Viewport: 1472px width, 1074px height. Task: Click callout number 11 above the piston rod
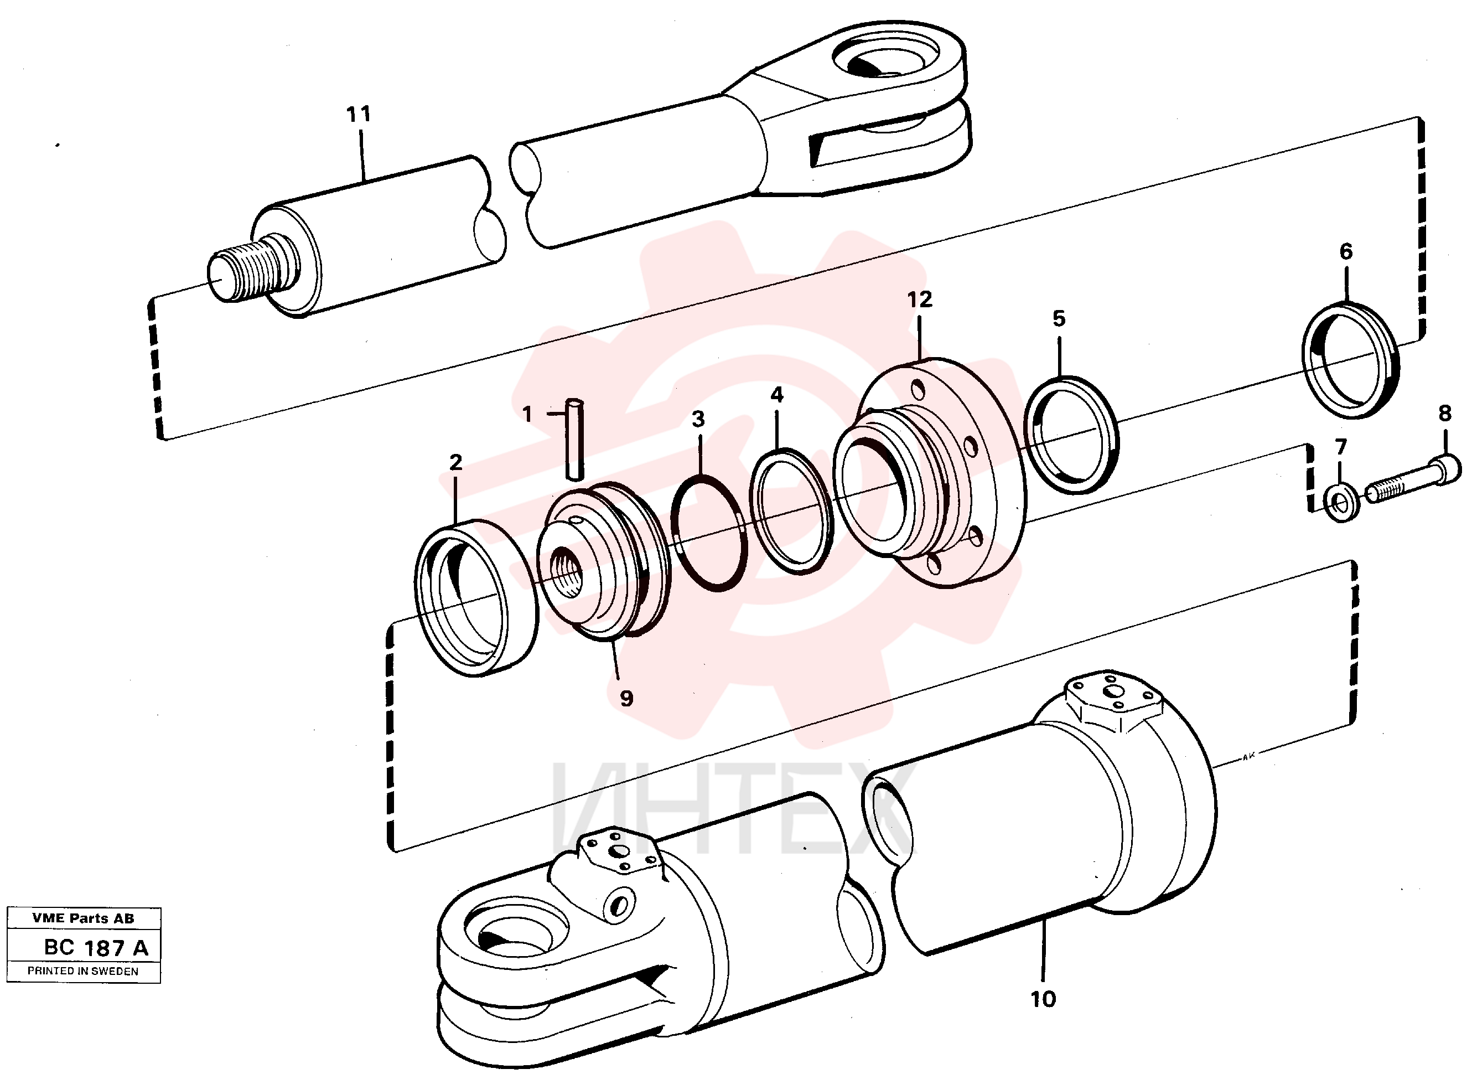coord(358,115)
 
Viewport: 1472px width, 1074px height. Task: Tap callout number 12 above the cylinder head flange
coord(920,300)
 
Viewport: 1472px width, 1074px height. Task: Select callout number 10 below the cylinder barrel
coord(1043,999)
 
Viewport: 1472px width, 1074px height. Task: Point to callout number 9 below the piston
coord(626,698)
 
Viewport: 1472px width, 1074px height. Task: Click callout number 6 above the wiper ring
coord(1346,251)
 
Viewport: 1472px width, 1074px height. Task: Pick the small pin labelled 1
coord(574,439)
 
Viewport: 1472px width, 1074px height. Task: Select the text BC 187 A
coord(96,948)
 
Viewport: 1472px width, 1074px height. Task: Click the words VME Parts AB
coord(83,918)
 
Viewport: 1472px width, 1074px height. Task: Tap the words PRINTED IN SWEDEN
coord(82,971)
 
